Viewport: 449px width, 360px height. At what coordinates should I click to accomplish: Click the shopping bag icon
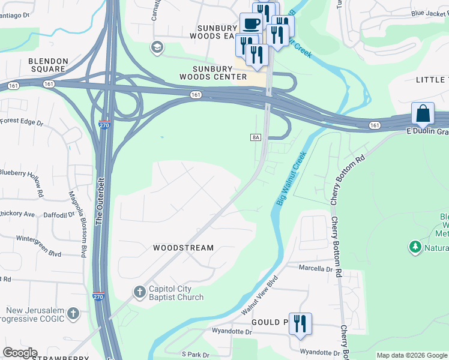coord(423,113)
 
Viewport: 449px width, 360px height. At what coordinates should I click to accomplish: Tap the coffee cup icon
coord(251,24)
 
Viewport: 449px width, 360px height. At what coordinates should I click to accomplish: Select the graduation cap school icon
coord(157,47)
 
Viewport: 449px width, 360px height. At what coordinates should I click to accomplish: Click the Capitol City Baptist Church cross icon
coord(139,292)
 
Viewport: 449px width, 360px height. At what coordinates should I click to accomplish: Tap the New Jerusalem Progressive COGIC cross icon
coord(73,313)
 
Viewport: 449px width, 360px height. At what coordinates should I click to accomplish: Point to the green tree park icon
coord(415,247)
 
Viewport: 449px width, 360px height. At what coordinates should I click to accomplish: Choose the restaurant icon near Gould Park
coord(300,323)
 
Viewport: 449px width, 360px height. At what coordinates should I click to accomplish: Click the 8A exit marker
coord(255,137)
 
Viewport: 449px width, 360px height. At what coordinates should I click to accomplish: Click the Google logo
coord(20,353)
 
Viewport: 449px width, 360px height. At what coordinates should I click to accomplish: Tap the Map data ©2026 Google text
coord(412,355)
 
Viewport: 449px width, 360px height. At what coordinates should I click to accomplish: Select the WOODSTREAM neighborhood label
coord(183,248)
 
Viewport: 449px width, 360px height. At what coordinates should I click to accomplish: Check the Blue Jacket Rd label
coord(430,13)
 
